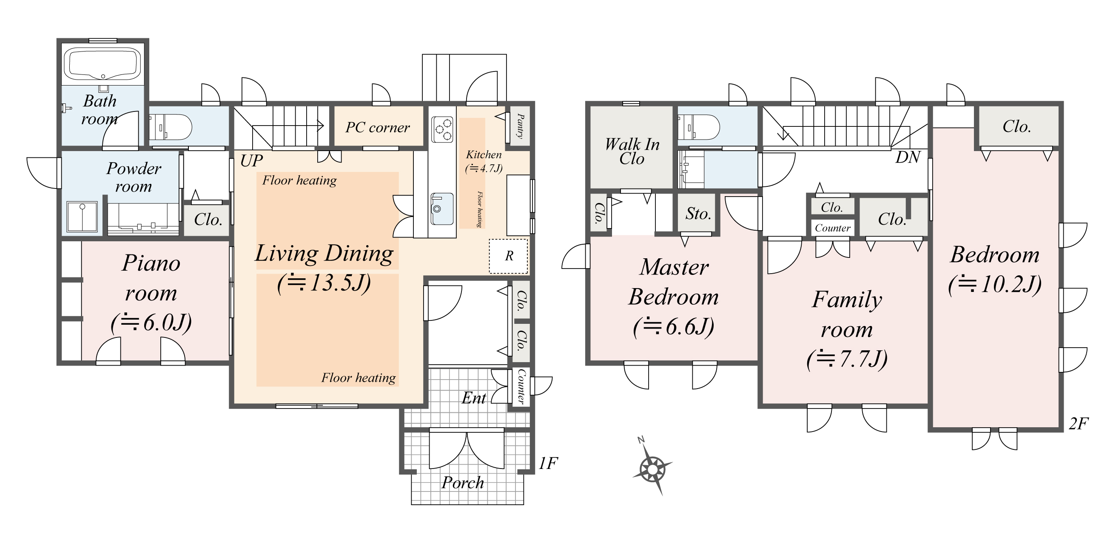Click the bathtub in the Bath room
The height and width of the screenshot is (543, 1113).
pyautogui.click(x=103, y=65)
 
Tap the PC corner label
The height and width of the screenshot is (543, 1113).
pyautogui.click(x=377, y=128)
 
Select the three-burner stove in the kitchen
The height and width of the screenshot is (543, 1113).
pyautogui.click(x=442, y=129)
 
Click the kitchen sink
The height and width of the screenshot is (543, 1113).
pyautogui.click(x=442, y=209)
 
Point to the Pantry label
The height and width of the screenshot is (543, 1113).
pyautogui.click(x=520, y=126)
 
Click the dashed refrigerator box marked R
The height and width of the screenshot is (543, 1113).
pyautogui.click(x=509, y=256)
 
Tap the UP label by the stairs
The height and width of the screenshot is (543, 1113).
pyautogui.click(x=251, y=161)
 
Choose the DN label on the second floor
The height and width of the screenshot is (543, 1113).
pyautogui.click(x=908, y=157)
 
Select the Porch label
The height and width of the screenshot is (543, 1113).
pyautogui.click(x=462, y=483)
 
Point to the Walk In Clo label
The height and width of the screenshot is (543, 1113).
pyautogui.click(x=632, y=151)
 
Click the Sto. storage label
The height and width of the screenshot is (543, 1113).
pyautogui.click(x=698, y=214)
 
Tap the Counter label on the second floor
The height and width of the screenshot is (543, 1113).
pyautogui.click(x=833, y=228)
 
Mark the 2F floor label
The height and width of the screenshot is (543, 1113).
pyautogui.click(x=1079, y=424)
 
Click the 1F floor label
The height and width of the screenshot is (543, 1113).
pyautogui.click(x=548, y=463)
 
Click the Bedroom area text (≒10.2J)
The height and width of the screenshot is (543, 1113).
pyautogui.click(x=995, y=284)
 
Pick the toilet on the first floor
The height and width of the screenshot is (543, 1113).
pyautogui.click(x=170, y=127)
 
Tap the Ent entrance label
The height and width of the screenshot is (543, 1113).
pyautogui.click(x=473, y=398)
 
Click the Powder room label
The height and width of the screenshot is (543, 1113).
pyautogui.click(x=134, y=177)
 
